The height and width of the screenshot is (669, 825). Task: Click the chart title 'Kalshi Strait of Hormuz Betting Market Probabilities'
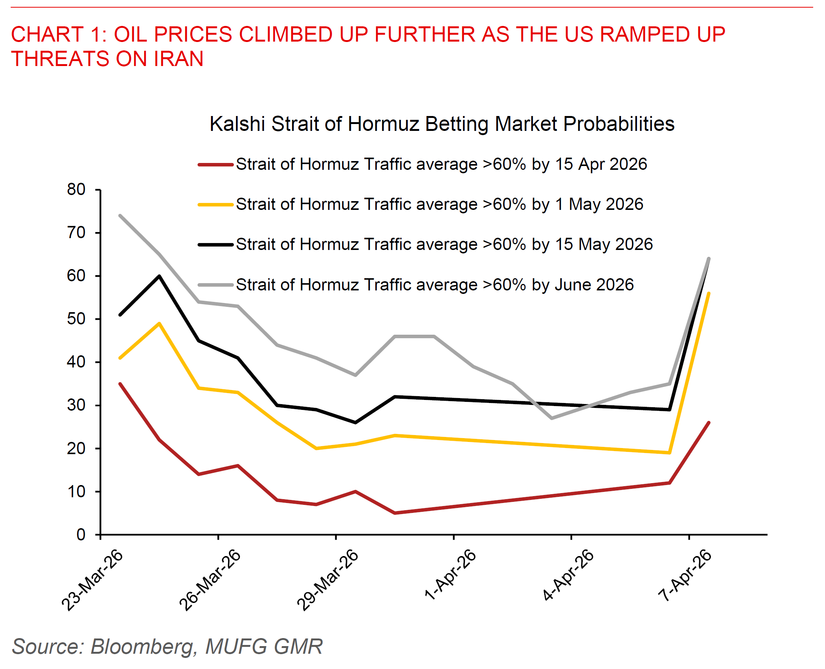442,124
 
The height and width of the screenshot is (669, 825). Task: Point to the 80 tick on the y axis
76,190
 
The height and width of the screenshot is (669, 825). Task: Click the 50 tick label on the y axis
76,319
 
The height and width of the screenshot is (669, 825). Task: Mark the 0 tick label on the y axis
80,535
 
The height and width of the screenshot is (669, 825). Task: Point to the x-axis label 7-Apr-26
684,576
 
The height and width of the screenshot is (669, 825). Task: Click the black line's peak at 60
159,276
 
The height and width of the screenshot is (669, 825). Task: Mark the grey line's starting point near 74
120,215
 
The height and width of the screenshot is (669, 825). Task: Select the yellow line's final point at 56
709,293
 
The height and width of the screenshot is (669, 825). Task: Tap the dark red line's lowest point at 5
395,513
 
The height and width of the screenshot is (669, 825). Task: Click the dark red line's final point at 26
709,423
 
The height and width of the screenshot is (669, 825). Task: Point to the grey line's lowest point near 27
552,418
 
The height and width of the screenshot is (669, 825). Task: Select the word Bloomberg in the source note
142,646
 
